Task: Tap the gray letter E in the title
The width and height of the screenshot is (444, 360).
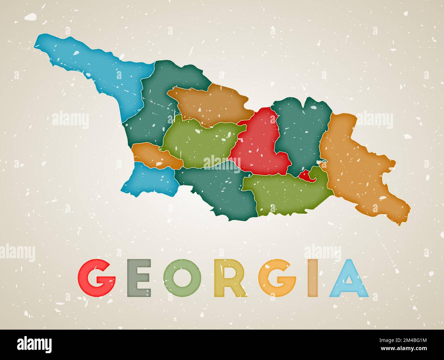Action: coord(139,278)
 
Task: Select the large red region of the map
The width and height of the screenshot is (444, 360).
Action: coord(260,143)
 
